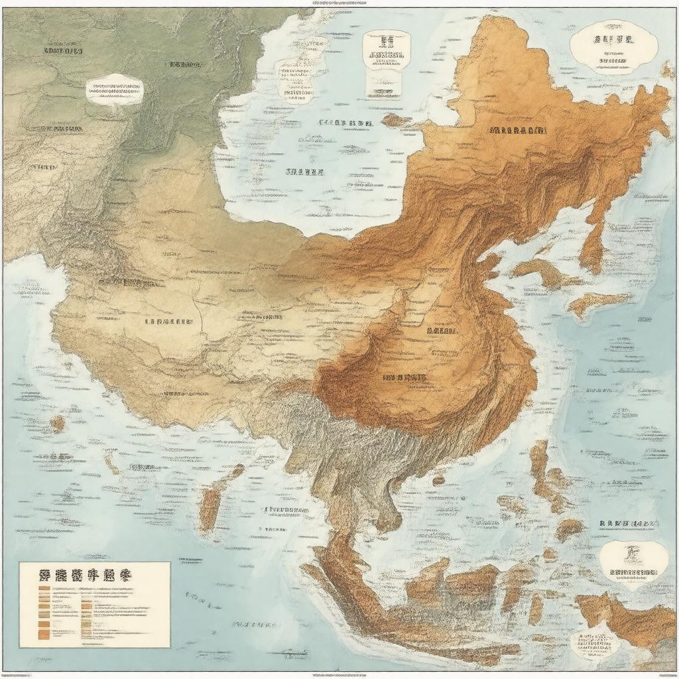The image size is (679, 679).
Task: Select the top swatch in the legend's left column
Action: pos(44,588)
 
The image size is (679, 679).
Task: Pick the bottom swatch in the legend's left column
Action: pos(44,636)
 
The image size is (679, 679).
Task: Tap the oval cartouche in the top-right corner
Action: pos(613,46)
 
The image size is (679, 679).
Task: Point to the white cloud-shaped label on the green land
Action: pos(114,90)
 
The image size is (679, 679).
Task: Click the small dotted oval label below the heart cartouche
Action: pos(595,642)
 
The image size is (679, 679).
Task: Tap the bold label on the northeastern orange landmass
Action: pos(519,131)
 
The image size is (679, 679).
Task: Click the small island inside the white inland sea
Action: pos(397,120)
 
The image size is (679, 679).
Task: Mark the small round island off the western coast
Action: pos(58,423)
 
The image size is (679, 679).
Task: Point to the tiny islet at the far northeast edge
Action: pos(668,69)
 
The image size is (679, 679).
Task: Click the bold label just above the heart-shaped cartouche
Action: pos(629,524)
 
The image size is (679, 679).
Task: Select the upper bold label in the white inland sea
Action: pos(345,123)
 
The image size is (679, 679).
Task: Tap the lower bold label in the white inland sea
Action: pos(304,172)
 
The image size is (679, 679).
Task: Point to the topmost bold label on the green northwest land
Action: pos(63,50)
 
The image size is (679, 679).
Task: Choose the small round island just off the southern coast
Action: pos(438,480)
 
